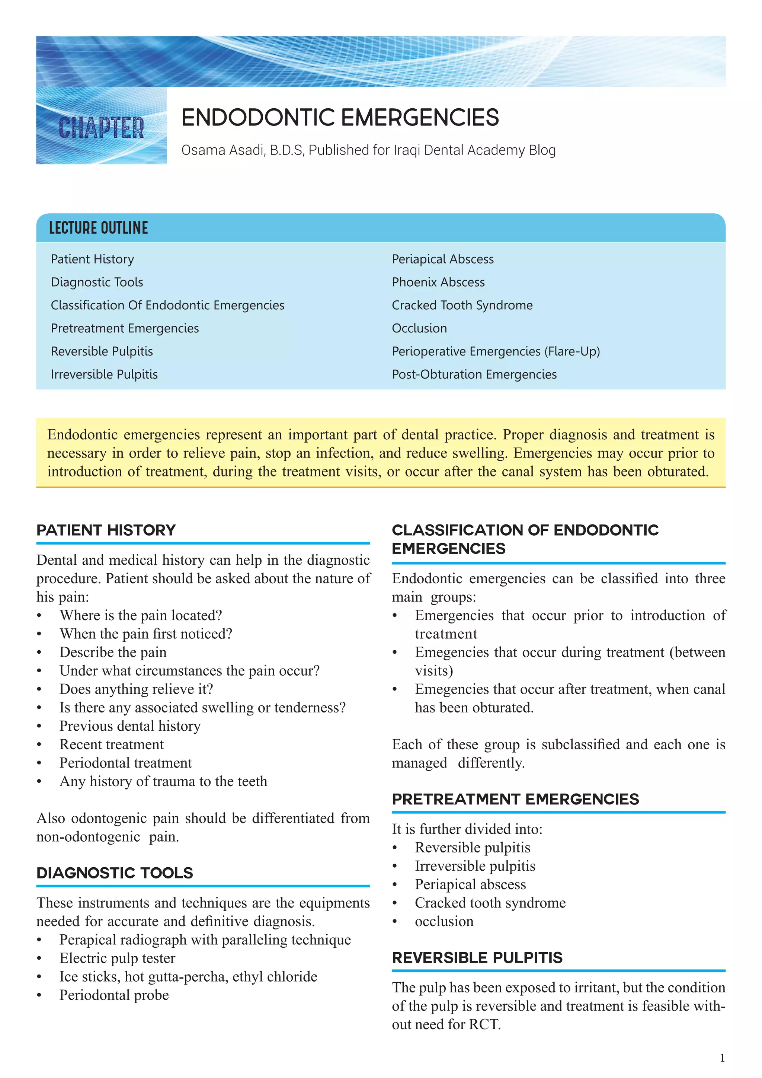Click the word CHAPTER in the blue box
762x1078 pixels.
[101, 128]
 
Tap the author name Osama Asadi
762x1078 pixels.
[223, 150]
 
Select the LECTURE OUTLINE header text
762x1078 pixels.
[99, 228]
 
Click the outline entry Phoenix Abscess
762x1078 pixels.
[438, 282]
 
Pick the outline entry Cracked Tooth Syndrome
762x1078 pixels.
[462, 305]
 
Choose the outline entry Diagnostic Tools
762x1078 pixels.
[97, 282]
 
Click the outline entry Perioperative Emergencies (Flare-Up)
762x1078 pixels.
[496, 351]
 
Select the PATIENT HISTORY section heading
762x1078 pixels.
[106, 530]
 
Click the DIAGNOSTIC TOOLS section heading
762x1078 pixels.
[115, 873]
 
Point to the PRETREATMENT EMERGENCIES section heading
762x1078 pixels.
[515, 799]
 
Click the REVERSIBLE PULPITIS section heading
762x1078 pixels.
[477, 958]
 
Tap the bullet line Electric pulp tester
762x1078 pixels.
[117, 958]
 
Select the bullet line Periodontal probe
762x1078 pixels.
[114, 995]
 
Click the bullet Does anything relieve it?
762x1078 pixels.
[136, 689]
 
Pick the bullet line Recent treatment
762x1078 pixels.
[112, 744]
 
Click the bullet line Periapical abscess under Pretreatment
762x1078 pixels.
[470, 884]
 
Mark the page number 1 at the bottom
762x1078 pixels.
[722, 1058]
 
